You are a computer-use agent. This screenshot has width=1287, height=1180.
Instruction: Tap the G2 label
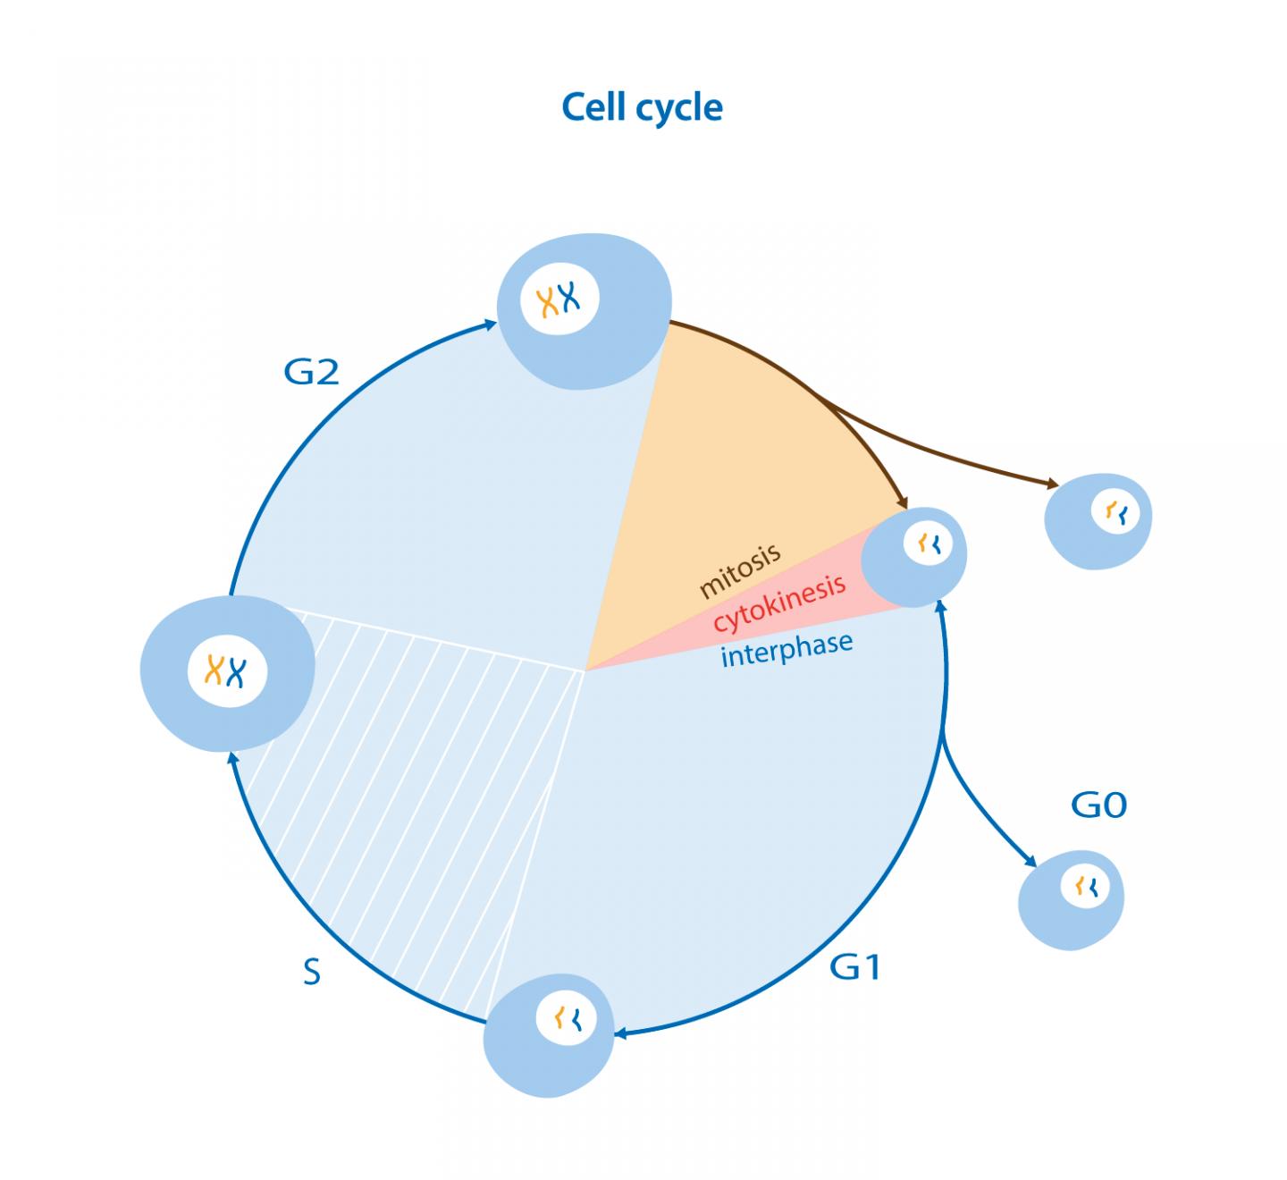(x=311, y=371)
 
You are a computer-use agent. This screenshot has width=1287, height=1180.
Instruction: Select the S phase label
(x=311, y=972)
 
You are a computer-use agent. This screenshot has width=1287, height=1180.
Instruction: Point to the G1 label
(x=855, y=966)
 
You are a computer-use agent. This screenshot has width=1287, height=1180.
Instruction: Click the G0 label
(x=1098, y=805)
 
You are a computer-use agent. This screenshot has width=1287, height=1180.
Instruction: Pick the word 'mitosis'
(x=740, y=571)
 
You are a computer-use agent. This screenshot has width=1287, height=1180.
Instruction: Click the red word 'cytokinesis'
(x=779, y=603)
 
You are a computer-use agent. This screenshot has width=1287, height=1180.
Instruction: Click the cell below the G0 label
(x=1072, y=898)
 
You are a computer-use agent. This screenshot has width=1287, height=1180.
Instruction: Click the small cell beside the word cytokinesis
(x=914, y=556)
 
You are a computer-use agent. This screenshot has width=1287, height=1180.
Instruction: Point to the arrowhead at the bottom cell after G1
(x=619, y=1034)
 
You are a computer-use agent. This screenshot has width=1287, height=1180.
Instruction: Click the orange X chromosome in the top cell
(x=546, y=302)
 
